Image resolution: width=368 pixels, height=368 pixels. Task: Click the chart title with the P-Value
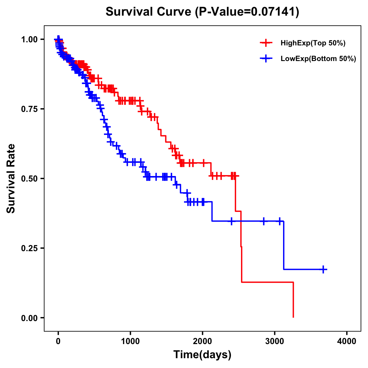pos(202,12)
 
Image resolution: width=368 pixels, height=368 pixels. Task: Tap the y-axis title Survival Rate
pos(11,178)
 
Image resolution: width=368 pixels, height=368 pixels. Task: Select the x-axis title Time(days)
pos(202,355)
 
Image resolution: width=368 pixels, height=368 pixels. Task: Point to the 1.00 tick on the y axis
pos(29,39)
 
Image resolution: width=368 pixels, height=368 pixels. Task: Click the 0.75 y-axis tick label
pos(29,109)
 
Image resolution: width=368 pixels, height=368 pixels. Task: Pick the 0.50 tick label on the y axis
pos(29,178)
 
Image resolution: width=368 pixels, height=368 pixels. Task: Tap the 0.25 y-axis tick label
pos(29,248)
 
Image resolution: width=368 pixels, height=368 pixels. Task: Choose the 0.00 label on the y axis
pos(29,318)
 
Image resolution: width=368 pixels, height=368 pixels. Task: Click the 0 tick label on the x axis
pos(58,341)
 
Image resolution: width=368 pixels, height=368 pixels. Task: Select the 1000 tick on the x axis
pos(130,341)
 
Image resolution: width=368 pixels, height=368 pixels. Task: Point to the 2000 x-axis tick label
pos(202,341)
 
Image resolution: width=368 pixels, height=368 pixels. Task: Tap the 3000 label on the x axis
pos(275,341)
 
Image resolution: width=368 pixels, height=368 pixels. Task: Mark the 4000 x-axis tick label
pos(347,341)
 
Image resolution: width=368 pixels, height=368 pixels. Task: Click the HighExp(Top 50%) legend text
pos(313,43)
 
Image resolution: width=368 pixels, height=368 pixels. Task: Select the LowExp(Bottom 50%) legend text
pos(318,59)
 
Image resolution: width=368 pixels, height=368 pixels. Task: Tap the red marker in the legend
pos(266,43)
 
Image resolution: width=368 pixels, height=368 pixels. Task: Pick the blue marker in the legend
pos(266,59)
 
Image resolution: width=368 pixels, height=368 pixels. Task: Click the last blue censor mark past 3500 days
pos(323,269)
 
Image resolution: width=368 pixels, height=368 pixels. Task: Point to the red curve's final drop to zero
pos(293,300)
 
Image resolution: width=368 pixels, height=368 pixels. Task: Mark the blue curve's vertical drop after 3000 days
pos(284,245)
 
